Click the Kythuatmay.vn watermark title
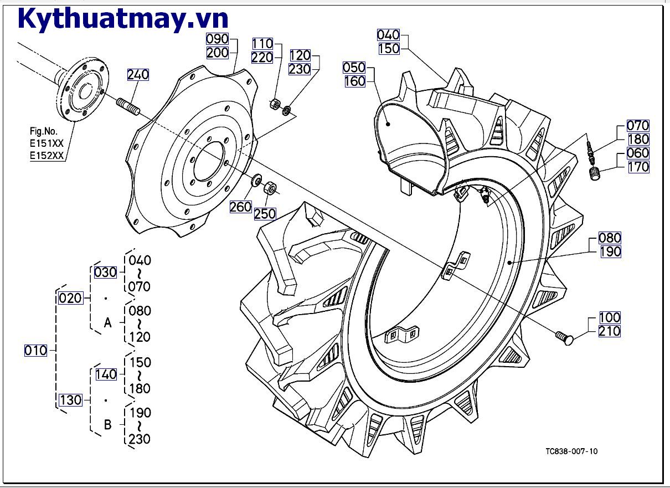tap(123, 18)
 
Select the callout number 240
tap(138, 75)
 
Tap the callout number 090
tap(218, 39)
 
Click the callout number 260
tap(241, 207)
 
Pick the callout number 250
tap(265, 214)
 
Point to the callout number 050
tap(354, 68)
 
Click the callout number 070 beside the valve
tap(638, 126)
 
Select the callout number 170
tap(638, 167)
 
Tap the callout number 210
tap(610, 331)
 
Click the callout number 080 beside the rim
tap(610, 238)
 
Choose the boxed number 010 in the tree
tap(36, 350)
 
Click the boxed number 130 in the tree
tap(70, 400)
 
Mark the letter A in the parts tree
tap(108, 323)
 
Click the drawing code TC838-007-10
tap(571, 451)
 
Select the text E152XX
tap(47, 156)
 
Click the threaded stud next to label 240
tap(128, 106)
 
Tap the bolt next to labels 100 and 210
tap(564, 336)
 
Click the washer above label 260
tap(257, 180)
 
